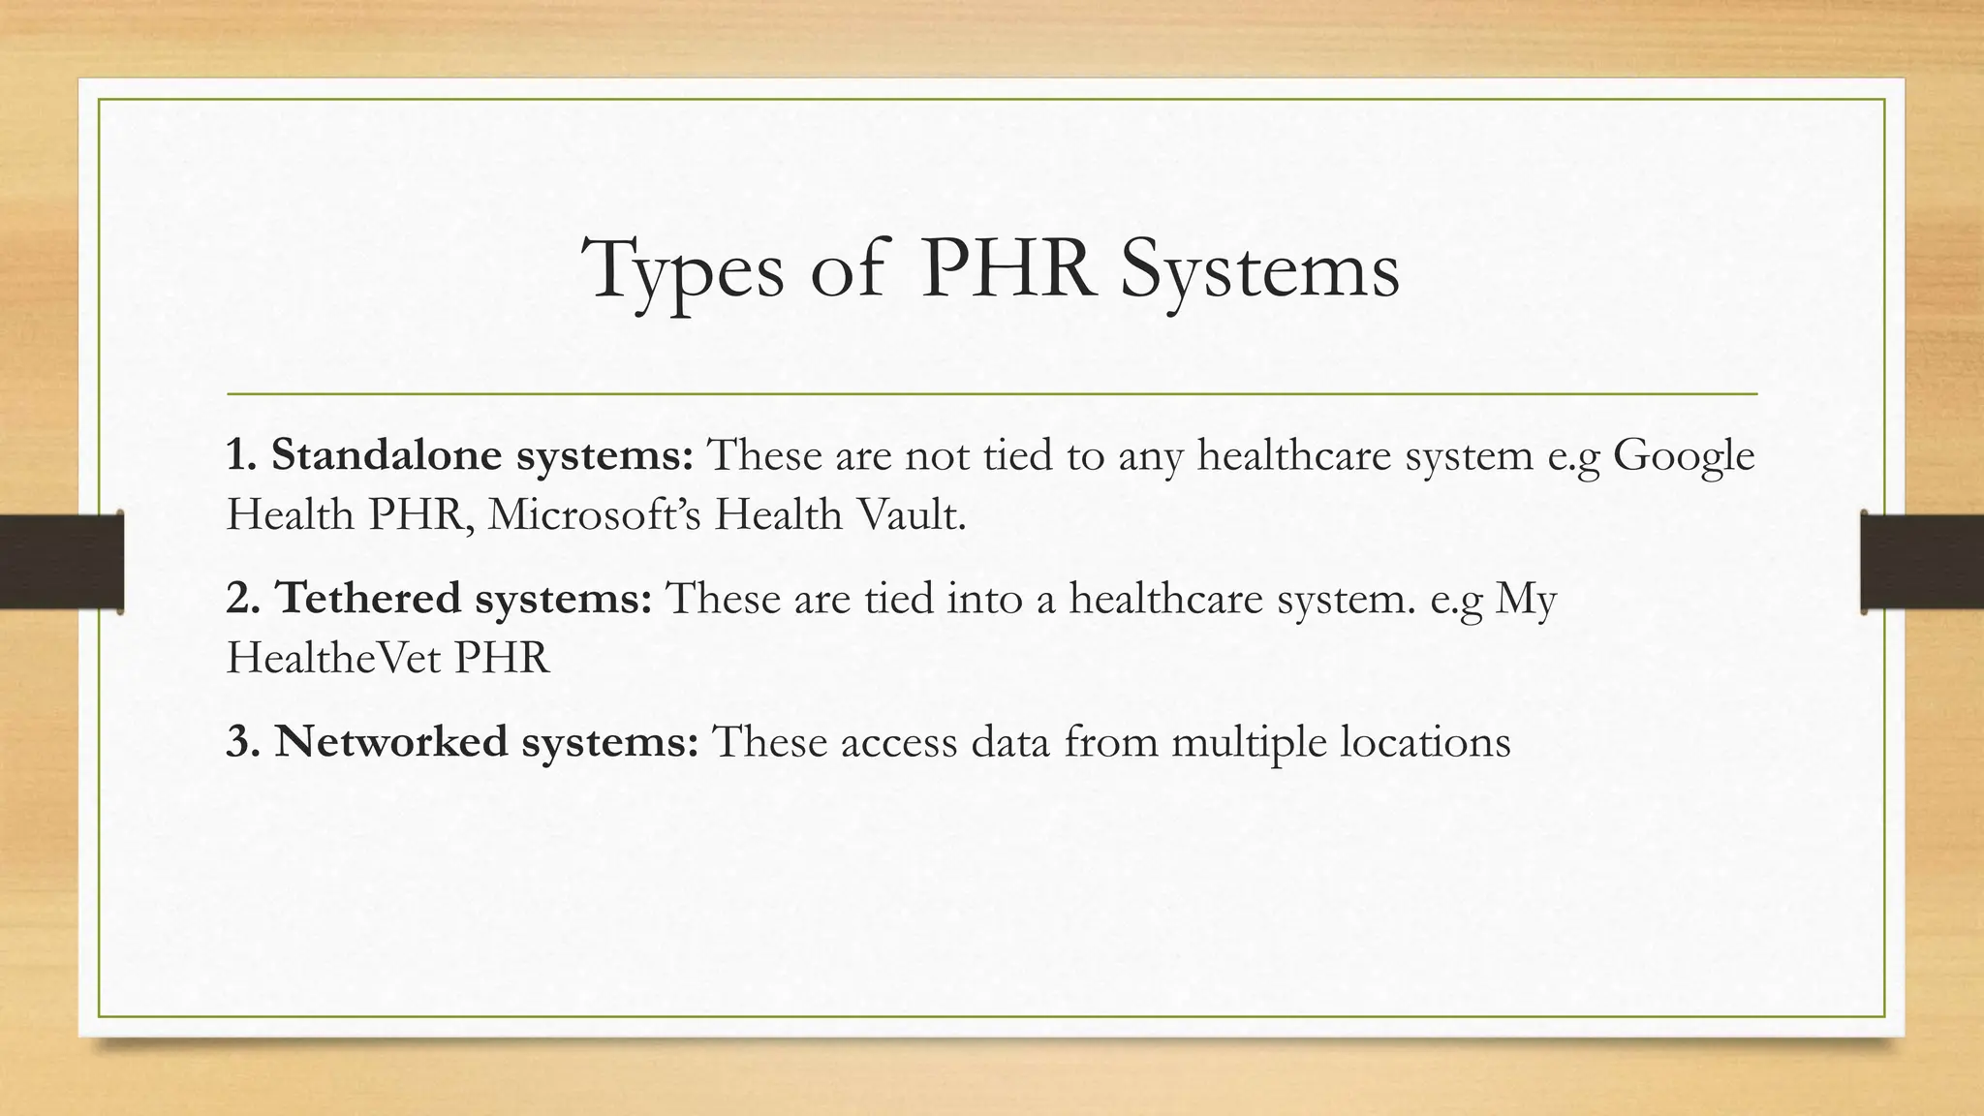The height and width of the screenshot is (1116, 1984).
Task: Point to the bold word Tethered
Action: (368, 598)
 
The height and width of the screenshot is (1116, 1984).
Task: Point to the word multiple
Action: (1249, 743)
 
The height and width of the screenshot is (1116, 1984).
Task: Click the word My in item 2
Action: (1525, 600)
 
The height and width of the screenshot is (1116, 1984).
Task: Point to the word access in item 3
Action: (897, 743)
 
